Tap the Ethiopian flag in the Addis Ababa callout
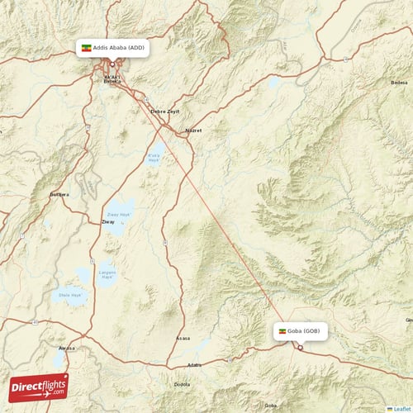click(85, 48)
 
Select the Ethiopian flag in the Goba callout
click(284, 331)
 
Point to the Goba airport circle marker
click(301, 347)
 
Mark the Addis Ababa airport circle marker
click(112, 64)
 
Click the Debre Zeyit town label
click(164, 111)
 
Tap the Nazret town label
click(193, 131)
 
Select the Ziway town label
click(96, 222)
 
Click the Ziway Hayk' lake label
click(121, 215)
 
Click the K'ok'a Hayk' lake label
click(154, 158)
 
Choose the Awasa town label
click(67, 348)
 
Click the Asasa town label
click(183, 339)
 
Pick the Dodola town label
click(182, 382)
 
